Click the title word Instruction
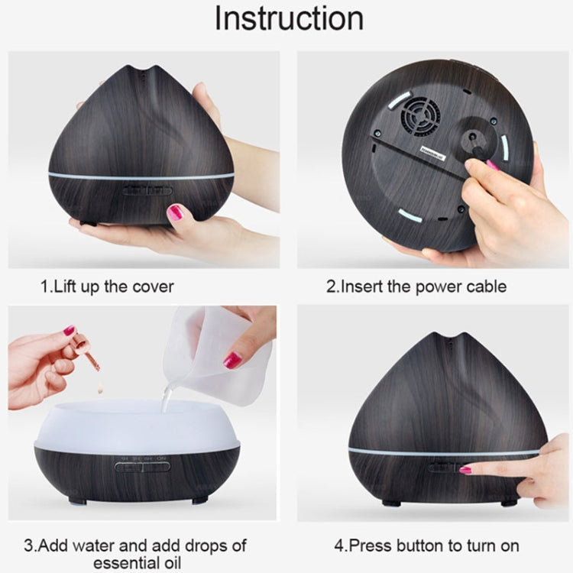pyautogui.click(x=288, y=18)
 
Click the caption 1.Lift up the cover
pyautogui.click(x=107, y=287)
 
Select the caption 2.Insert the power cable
pyautogui.click(x=416, y=287)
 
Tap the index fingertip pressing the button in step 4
pyautogui.click(x=465, y=470)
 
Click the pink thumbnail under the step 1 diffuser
pyautogui.click(x=176, y=212)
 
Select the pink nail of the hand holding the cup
pyautogui.click(x=232, y=359)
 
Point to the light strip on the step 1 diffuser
pyautogui.click(x=141, y=175)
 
